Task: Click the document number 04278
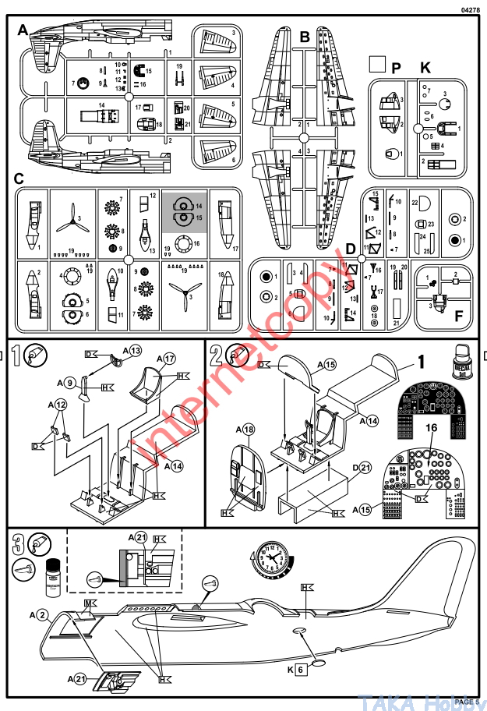(x=470, y=9)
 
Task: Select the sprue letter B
(x=305, y=37)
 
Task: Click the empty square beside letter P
(x=377, y=65)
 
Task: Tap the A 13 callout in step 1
(x=132, y=352)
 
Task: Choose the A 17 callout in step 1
(x=167, y=359)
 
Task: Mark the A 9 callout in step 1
(x=65, y=382)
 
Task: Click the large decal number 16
(x=431, y=428)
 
